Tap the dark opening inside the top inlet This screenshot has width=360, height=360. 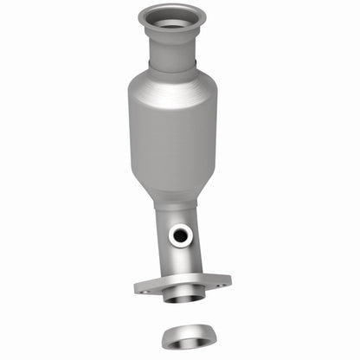(x=172, y=19)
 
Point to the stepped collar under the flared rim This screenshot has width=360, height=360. (x=172, y=40)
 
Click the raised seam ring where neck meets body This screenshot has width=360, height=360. (x=172, y=70)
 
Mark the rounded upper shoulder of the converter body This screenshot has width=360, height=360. (x=172, y=87)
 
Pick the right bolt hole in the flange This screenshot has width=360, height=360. (x=223, y=280)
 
